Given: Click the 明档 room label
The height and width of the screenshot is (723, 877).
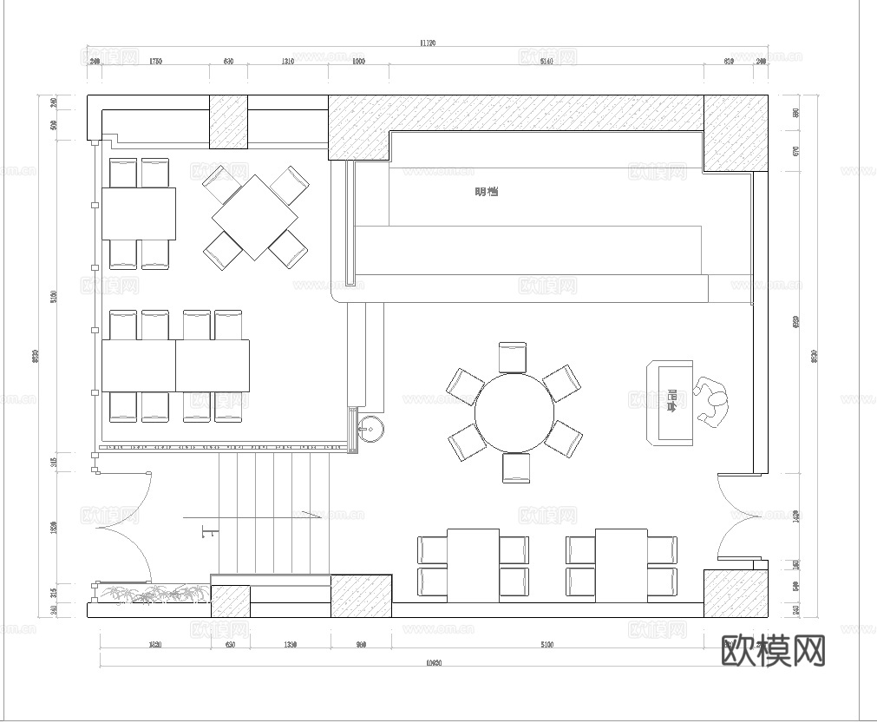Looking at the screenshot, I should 487,192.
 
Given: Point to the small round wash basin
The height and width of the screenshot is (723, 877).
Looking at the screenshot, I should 371,427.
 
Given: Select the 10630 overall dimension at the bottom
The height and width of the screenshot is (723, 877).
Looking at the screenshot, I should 434,664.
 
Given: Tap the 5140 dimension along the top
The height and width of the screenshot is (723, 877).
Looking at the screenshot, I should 546,62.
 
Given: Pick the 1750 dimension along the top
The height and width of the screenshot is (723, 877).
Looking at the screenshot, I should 155,62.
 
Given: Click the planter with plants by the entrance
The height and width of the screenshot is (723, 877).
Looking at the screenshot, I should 153,594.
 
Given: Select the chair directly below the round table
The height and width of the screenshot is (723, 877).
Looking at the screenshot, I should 515,467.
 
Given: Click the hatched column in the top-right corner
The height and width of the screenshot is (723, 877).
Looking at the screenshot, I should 735,132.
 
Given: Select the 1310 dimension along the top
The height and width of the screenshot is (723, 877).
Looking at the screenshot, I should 287,62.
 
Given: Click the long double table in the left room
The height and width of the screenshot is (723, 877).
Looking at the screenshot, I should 175,365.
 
